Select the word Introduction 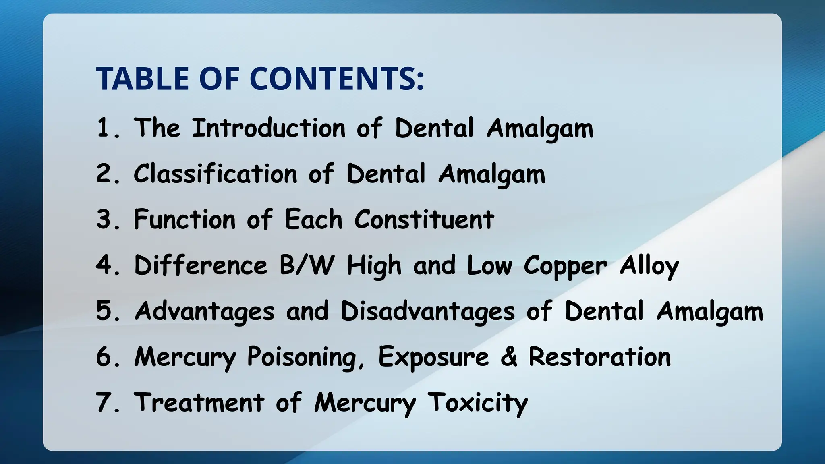click(268, 128)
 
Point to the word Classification click(215, 174)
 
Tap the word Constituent click(424, 220)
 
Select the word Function click(184, 220)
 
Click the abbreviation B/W click(307, 266)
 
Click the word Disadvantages click(427, 312)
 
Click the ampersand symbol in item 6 click(508, 357)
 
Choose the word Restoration click(599, 357)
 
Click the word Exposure click(433, 357)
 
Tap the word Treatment click(199, 403)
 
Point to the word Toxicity click(477, 403)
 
